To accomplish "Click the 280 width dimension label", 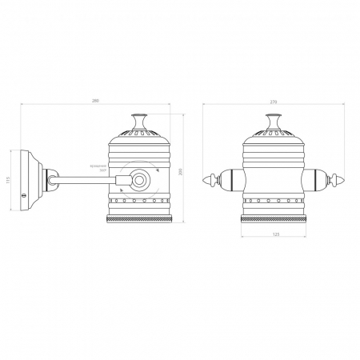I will coord(95,100).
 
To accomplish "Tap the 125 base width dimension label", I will coord(275,234).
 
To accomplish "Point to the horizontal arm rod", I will coord(84,180).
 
